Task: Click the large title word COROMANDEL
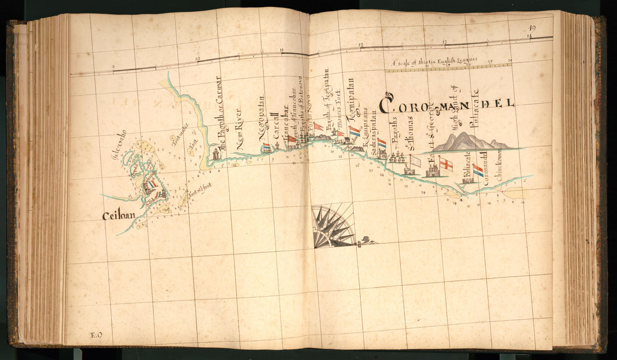pos(446,105)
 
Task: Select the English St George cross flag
pos(445,164)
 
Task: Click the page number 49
pos(532,28)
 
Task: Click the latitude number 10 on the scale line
pos(197,58)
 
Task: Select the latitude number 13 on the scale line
pos(445,42)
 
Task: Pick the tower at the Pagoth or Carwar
pos(215,154)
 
